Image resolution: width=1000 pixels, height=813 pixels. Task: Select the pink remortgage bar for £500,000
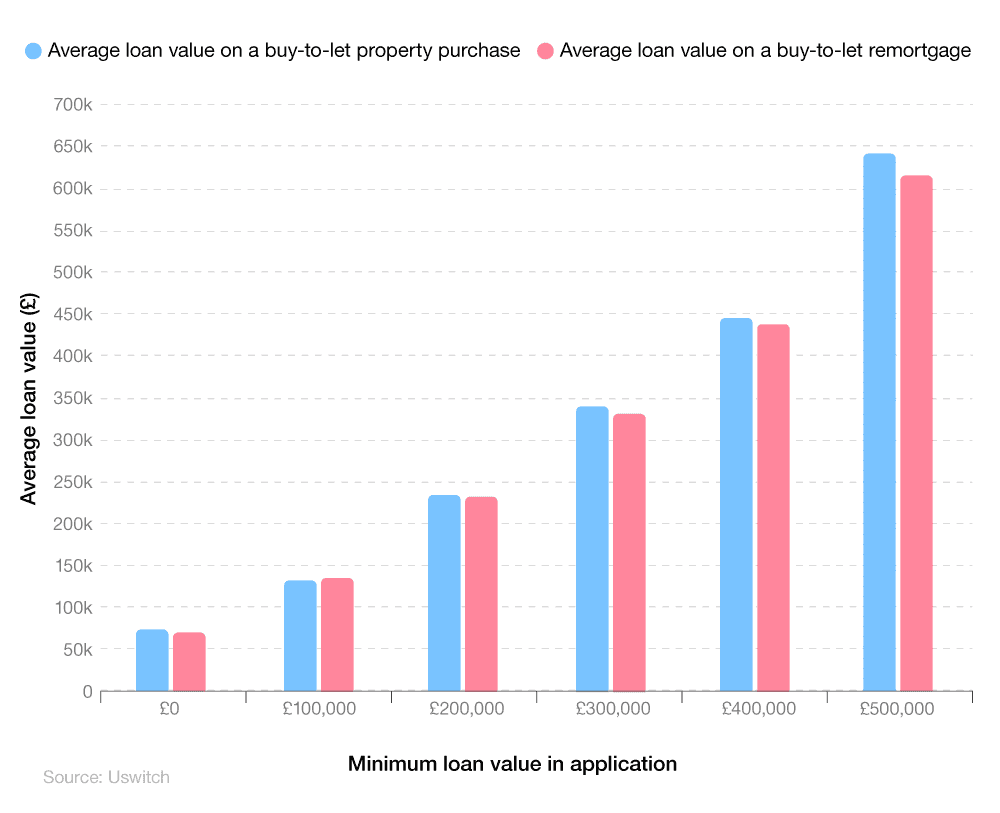tap(916, 433)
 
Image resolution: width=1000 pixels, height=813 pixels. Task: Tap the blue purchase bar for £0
tap(152, 660)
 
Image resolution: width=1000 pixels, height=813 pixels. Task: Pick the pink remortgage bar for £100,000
tap(337, 634)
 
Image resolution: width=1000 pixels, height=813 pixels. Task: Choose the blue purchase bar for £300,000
tap(592, 548)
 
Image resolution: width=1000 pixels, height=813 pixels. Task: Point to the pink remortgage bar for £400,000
tap(773, 507)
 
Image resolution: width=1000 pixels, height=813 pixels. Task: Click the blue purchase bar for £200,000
tap(444, 593)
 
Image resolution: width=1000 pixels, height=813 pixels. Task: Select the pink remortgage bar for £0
tap(189, 661)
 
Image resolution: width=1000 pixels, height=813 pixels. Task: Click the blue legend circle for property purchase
tap(34, 51)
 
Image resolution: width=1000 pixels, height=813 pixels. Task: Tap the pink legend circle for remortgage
tap(545, 51)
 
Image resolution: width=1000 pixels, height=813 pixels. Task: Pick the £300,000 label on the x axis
tap(613, 709)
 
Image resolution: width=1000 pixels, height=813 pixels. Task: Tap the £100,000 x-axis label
tap(319, 709)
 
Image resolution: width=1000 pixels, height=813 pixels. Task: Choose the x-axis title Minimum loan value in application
tap(512, 764)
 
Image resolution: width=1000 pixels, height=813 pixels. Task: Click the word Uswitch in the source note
tap(138, 777)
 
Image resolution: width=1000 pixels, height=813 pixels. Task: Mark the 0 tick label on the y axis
tap(87, 691)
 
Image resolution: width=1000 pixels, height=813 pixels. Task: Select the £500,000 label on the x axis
tap(897, 709)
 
